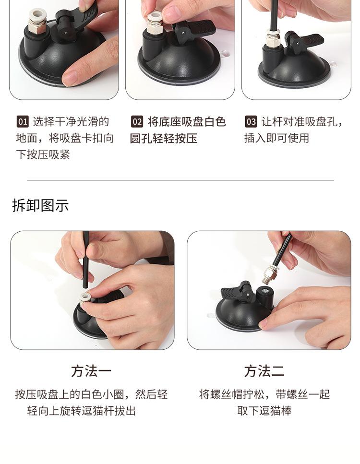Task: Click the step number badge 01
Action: [x=23, y=122]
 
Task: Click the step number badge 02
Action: [x=137, y=122]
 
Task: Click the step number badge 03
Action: [x=251, y=122]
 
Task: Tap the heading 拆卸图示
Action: [x=40, y=205]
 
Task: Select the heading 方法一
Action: [x=91, y=371]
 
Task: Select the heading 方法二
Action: [x=264, y=371]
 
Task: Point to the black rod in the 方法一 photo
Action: [x=86, y=260]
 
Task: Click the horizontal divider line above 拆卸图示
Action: [x=180, y=180]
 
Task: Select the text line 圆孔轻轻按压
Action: [x=163, y=139]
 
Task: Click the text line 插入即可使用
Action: [x=276, y=138]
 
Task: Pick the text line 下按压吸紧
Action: [x=43, y=155]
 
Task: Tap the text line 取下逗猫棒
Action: [x=264, y=411]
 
